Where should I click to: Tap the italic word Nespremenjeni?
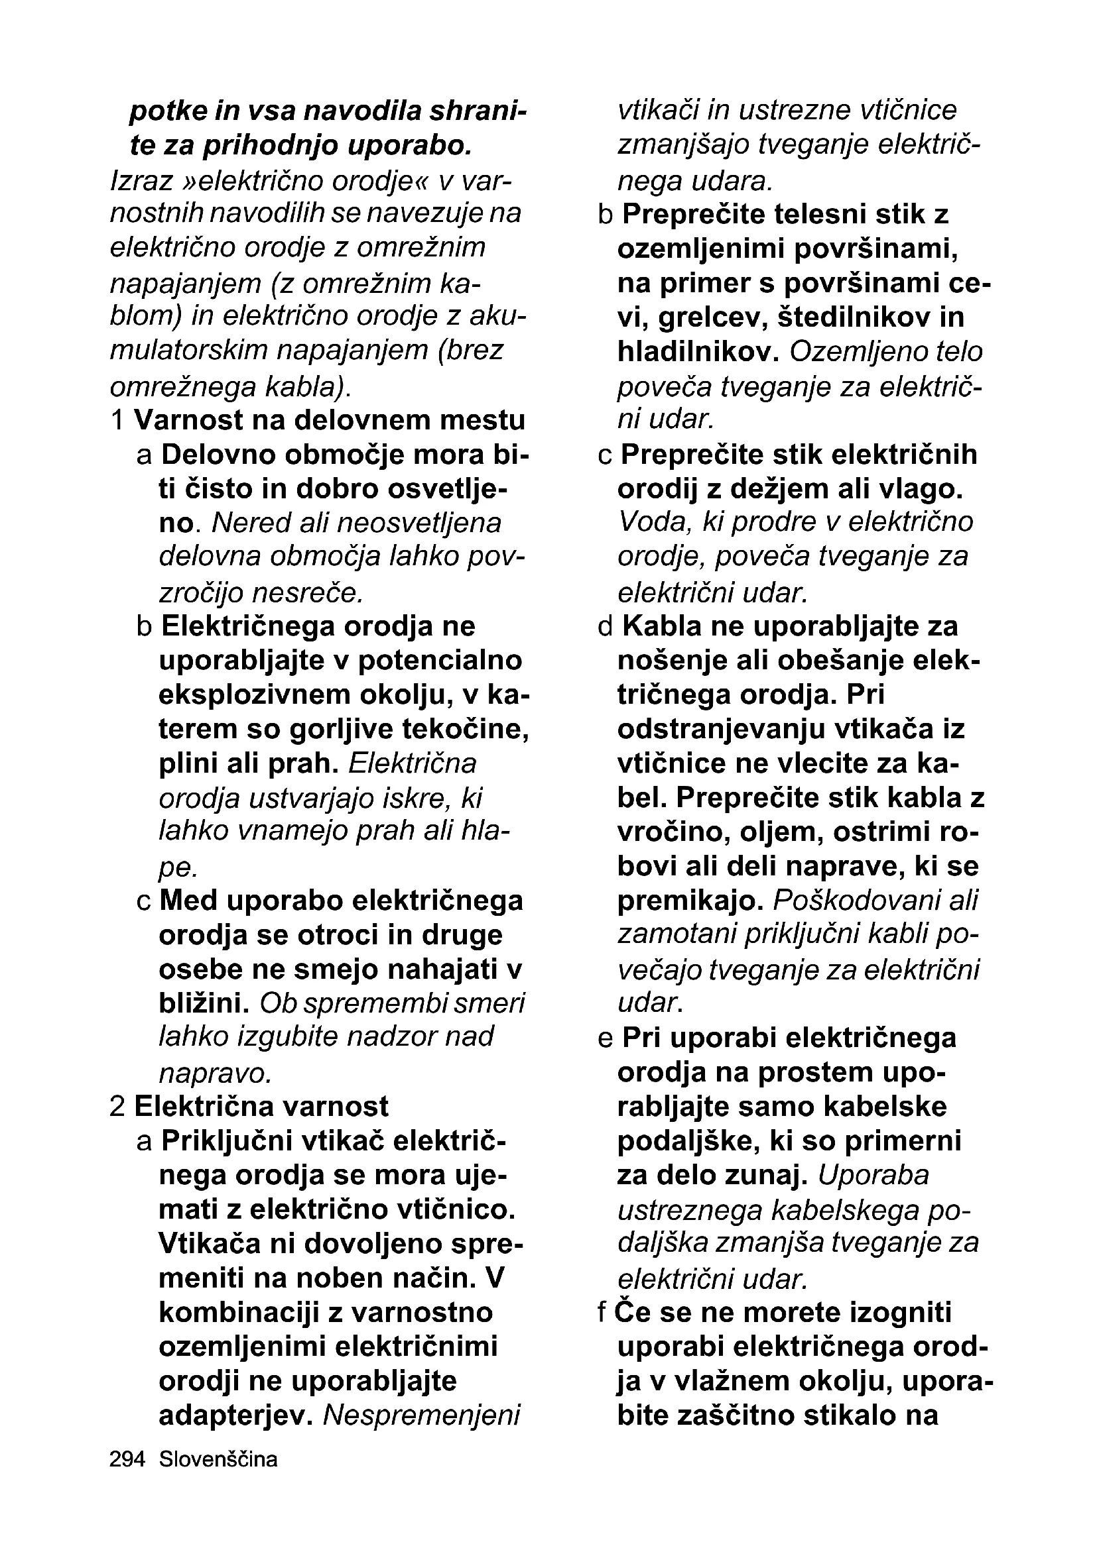(422, 1415)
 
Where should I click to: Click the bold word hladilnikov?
(698, 352)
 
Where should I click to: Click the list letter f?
(602, 1313)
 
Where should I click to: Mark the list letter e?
(605, 1038)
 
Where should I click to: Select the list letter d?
(605, 626)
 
